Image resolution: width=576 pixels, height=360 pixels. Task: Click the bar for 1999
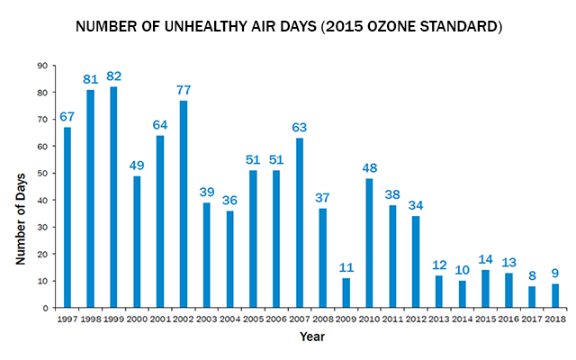113,197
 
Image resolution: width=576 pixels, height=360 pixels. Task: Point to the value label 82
113,76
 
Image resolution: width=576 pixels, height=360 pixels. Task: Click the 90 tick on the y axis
41,66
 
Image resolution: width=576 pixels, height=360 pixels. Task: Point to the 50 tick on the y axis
41,173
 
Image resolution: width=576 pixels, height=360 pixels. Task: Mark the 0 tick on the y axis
44,308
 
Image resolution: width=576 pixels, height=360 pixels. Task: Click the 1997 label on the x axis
67,319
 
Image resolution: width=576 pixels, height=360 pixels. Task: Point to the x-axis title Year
312,337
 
